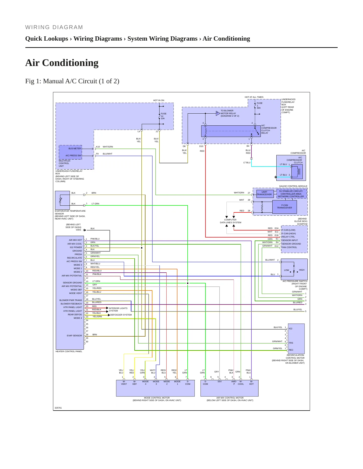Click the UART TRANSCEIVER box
pos(264,193)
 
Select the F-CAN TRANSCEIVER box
pos(284,207)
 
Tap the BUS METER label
pos(75,148)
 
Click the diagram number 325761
pos(58,408)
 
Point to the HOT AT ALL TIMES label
pos(254,97)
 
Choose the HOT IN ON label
pos(159,100)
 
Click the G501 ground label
pos(79,230)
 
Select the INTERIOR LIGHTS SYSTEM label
pos(118,309)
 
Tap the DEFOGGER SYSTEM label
pos(121,315)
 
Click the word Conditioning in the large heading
pos(70,63)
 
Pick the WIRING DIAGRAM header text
pos(54,27)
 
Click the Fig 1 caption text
pos(72,81)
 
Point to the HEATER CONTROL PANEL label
pos(69,351)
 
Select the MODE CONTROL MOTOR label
pos(157,398)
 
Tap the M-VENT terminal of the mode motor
pos(124,383)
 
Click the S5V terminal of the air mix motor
pos(220,381)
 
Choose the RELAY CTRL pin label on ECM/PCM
pos(288,237)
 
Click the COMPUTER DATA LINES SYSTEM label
pos(231,221)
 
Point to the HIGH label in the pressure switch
pos(302,270)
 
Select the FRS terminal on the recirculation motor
pos(291,343)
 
